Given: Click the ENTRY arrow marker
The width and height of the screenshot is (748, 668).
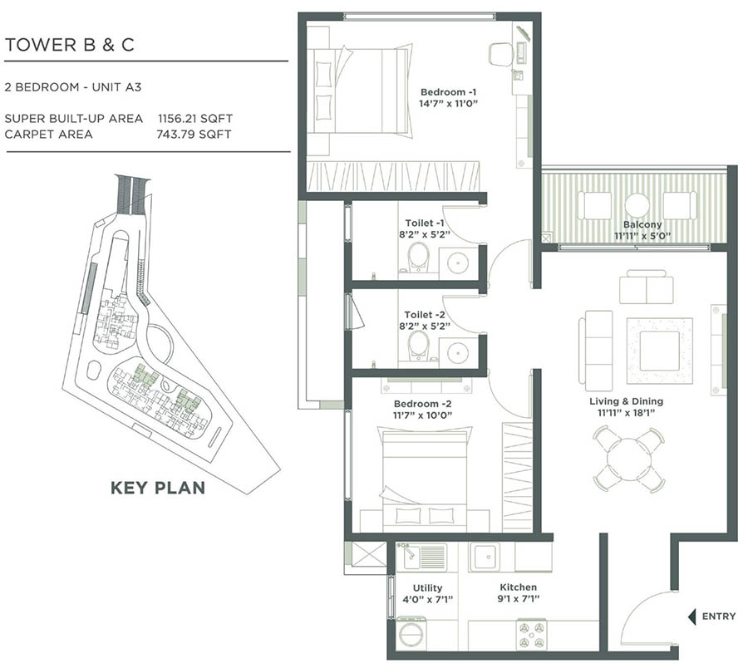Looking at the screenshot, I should [690, 616].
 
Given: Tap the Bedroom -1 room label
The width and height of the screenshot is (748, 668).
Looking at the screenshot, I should [449, 91].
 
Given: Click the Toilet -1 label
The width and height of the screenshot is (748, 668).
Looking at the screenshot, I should [425, 223].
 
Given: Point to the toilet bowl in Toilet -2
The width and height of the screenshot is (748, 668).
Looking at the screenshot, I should [418, 346].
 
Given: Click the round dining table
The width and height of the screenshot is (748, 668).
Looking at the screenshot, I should [628, 459].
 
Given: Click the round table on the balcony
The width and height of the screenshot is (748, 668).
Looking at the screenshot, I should [637, 204].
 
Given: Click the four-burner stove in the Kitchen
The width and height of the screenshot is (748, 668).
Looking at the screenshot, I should [533, 634].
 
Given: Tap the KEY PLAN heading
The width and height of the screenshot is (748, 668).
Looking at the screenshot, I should [158, 488].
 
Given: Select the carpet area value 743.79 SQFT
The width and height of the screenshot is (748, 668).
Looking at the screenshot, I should [193, 134].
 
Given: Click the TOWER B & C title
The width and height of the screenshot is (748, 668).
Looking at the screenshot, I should [69, 46].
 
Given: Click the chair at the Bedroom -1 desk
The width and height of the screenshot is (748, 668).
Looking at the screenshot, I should [501, 54].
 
